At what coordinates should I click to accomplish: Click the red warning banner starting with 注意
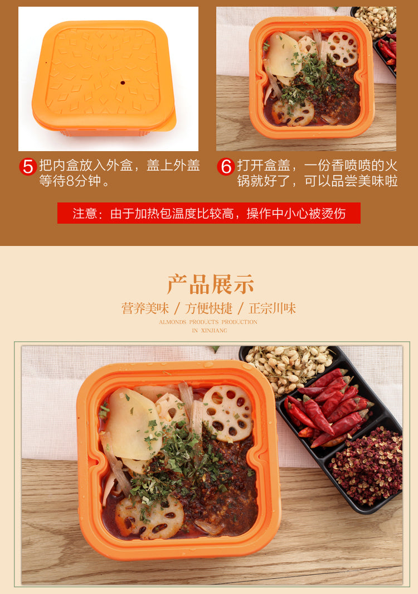pos(208,213)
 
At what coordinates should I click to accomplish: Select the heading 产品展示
pos(210,284)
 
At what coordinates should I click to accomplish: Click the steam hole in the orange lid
pos(122,82)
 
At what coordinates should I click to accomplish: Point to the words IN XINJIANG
pos(210,331)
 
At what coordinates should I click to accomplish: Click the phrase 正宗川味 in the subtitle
pos(272,308)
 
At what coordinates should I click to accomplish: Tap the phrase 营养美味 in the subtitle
pos(145,308)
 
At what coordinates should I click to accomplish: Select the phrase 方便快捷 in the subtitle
pos(208,308)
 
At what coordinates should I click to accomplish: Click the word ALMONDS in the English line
pos(173,322)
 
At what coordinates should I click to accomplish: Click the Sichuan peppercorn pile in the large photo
pos(366,466)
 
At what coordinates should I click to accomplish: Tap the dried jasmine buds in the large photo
pos(288,364)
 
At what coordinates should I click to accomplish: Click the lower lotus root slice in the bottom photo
pos(149,518)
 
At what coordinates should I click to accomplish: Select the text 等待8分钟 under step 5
pos(71,181)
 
